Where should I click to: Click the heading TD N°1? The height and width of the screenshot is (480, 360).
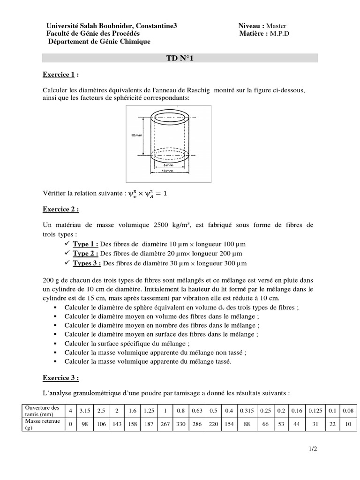(x=180, y=58)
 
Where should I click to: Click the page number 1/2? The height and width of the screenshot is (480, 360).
(x=313, y=449)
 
